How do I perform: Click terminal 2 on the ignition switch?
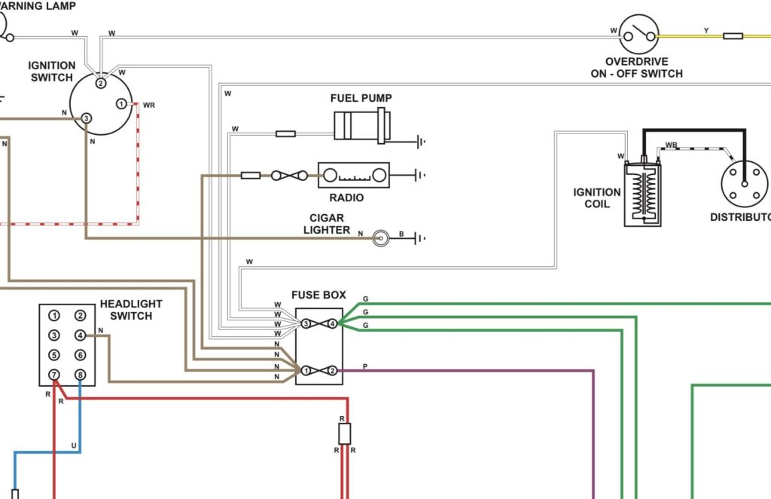(100, 83)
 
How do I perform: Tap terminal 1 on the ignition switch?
(121, 104)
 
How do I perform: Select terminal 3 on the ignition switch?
(86, 118)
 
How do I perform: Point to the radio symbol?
(354, 175)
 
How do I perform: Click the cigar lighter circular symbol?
(380, 238)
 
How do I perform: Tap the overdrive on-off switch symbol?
(638, 34)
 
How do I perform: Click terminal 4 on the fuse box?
(332, 323)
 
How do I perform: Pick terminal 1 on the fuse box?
(306, 371)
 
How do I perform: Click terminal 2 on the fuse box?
(332, 371)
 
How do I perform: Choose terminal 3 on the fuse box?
(306, 323)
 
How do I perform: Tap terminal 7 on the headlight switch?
(54, 375)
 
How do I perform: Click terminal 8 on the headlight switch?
(80, 375)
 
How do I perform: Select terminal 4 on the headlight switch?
(80, 335)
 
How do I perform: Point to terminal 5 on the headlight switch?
(54, 355)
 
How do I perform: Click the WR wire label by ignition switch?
(149, 106)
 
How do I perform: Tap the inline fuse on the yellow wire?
(733, 36)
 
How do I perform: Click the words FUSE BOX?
(318, 295)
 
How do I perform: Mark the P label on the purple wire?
(365, 366)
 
